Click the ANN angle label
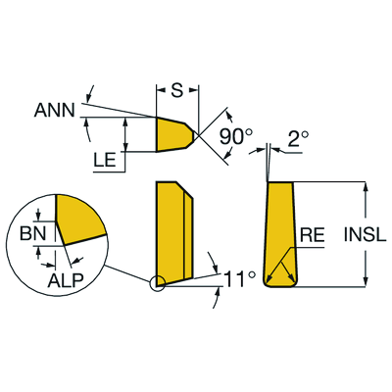pyautogui.click(x=55, y=110)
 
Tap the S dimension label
pyautogui.click(x=177, y=90)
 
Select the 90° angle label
pyautogui.click(x=236, y=136)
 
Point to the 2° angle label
pyautogui.click(x=298, y=139)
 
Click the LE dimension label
pyautogui.click(x=105, y=161)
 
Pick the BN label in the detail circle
pyautogui.click(x=33, y=233)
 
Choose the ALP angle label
pyautogui.click(x=66, y=280)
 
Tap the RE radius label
pyautogui.click(x=313, y=236)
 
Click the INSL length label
pyautogui.click(x=365, y=235)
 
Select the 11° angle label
pyautogui.click(x=239, y=279)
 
